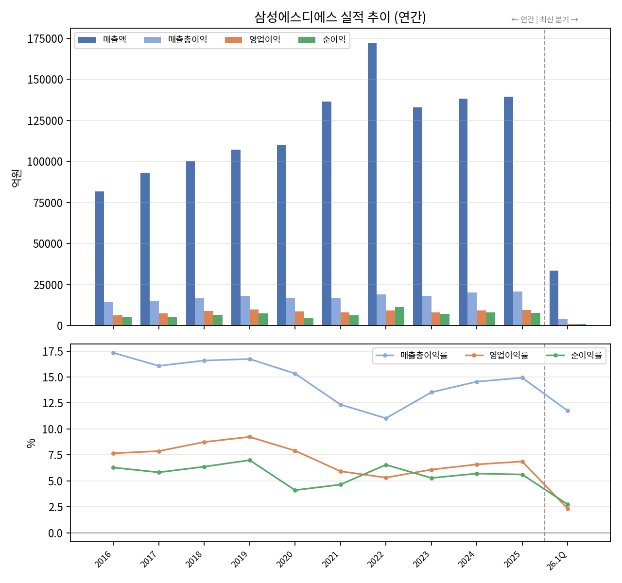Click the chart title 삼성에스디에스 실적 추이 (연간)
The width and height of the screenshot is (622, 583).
pyautogui.click(x=340, y=17)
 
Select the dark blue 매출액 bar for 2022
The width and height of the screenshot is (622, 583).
pyautogui.click(x=372, y=184)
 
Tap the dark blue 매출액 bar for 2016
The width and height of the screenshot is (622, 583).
pyautogui.click(x=100, y=258)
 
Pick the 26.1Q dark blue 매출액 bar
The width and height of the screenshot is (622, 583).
pyautogui.click(x=553, y=298)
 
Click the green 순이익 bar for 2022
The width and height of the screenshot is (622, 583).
pyautogui.click(x=399, y=316)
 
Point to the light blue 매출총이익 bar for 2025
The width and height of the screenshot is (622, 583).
pyautogui.click(x=518, y=308)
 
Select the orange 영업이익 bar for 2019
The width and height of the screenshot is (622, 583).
pyautogui.click(x=254, y=317)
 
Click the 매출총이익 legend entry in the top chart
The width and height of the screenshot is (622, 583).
pyautogui.click(x=175, y=40)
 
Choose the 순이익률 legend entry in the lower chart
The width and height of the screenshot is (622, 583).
pyautogui.click(x=574, y=355)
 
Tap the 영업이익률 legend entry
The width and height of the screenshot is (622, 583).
pyautogui.click(x=497, y=355)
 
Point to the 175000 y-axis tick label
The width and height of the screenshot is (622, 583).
pyautogui.click(x=45, y=39)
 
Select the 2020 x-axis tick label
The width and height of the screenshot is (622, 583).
pyautogui.click(x=285, y=559)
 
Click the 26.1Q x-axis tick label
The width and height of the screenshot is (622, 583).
pyautogui.click(x=556, y=561)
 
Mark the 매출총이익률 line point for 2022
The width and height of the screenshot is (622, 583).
pyautogui.click(x=386, y=418)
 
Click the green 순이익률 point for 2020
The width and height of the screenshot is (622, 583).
pyautogui.click(x=295, y=490)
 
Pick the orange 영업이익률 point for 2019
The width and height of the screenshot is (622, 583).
pyautogui.click(x=250, y=437)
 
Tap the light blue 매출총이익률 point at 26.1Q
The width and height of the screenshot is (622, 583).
pyautogui.click(x=568, y=411)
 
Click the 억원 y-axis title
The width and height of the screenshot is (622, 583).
pyautogui.click(x=17, y=178)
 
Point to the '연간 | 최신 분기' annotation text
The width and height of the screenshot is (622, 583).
pyautogui.click(x=545, y=20)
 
